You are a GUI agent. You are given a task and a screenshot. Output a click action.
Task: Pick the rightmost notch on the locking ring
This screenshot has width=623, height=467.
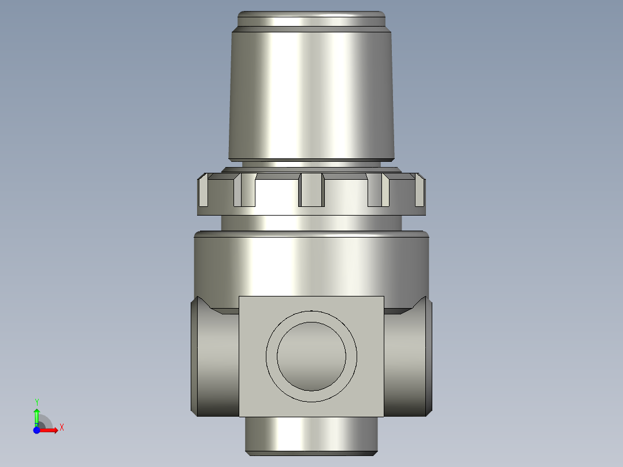[420, 191]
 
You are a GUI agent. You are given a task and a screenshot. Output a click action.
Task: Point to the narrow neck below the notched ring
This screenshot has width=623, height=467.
[311, 223]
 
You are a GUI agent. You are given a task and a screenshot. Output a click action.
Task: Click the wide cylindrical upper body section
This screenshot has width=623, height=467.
[311, 263]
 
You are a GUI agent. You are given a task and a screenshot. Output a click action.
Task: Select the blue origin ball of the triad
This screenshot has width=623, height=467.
[37, 430]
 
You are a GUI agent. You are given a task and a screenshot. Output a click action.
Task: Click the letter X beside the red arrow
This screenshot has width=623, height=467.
[61, 428]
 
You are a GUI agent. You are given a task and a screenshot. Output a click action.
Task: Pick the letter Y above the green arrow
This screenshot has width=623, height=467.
[37, 402]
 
